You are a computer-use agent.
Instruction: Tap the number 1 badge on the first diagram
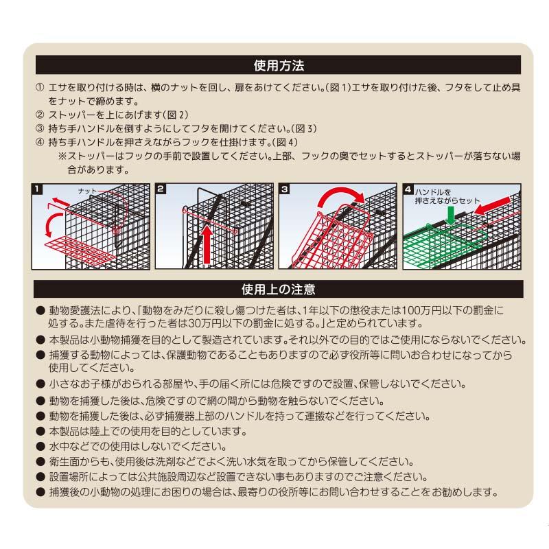[38, 188]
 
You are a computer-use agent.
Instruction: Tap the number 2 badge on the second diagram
[161, 188]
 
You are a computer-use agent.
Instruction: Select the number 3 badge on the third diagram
[284, 188]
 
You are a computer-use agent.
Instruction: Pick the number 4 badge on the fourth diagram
[408, 188]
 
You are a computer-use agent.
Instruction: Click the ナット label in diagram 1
[87, 189]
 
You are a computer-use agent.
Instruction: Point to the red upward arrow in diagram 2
[207, 243]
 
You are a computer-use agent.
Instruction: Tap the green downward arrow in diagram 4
[449, 215]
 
